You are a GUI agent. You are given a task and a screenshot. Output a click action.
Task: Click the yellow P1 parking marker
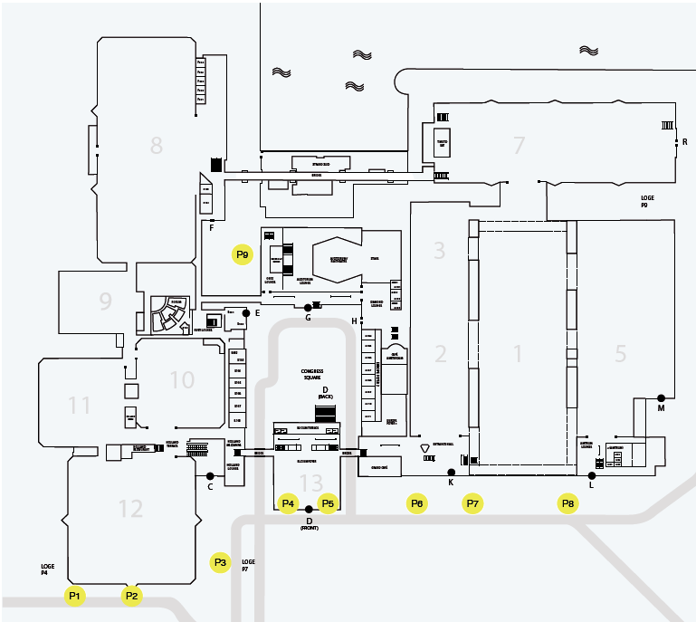pyautogui.click(x=75, y=596)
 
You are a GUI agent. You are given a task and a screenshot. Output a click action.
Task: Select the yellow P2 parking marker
pyautogui.click(x=132, y=596)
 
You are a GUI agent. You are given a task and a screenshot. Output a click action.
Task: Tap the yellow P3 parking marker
pyautogui.click(x=221, y=563)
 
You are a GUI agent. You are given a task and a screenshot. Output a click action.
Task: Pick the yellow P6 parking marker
pyautogui.click(x=416, y=503)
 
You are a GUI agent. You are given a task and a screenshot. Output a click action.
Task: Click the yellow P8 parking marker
pyautogui.click(x=567, y=503)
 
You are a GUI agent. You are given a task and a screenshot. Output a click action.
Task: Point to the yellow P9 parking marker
pyautogui.click(x=242, y=255)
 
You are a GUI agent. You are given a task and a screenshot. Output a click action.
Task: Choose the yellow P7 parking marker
pyautogui.click(x=472, y=503)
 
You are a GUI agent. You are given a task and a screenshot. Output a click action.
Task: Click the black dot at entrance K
pyautogui.click(x=451, y=473)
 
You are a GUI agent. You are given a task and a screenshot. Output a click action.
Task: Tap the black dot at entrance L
pyautogui.click(x=592, y=474)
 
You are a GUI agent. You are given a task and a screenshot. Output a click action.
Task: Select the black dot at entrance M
pyautogui.click(x=662, y=398)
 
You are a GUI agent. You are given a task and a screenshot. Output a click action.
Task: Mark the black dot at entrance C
pyautogui.click(x=210, y=475)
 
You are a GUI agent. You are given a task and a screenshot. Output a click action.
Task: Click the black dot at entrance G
pyautogui.click(x=308, y=308)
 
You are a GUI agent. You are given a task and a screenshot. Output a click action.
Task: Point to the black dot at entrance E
pyautogui.click(x=246, y=312)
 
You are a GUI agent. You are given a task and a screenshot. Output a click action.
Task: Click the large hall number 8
pyautogui.click(x=157, y=145)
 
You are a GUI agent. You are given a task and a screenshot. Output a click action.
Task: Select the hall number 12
pyautogui.click(x=131, y=509)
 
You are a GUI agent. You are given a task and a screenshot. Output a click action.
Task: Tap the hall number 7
pyautogui.click(x=519, y=145)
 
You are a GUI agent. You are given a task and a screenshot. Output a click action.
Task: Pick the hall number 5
pyautogui.click(x=620, y=354)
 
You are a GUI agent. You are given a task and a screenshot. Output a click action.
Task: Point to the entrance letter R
pyautogui.click(x=685, y=142)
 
